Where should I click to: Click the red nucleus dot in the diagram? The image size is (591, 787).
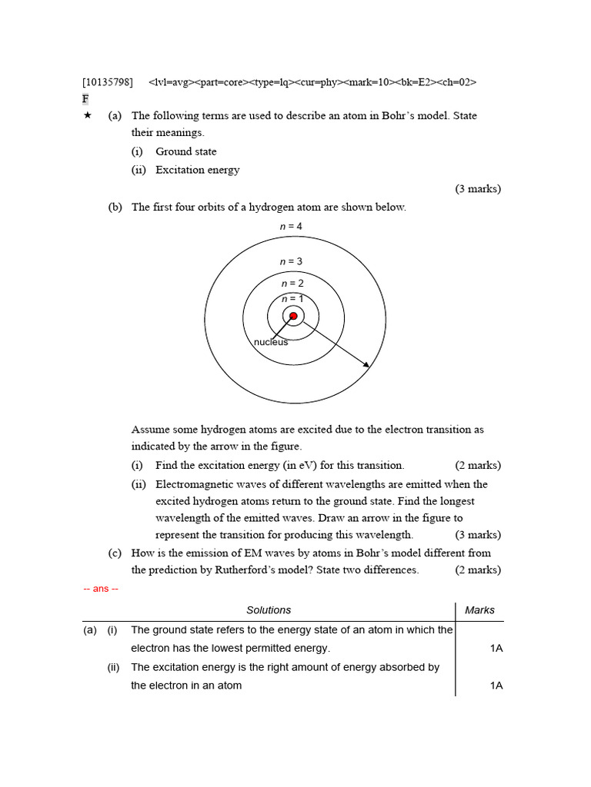[x=293, y=316]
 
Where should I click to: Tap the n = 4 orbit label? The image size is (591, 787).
[x=291, y=227]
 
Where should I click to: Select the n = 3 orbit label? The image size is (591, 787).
[x=291, y=262]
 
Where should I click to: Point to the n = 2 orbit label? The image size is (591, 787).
[x=292, y=284]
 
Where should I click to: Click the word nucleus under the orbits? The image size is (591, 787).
[x=271, y=342]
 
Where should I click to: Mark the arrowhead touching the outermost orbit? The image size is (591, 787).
[x=366, y=364]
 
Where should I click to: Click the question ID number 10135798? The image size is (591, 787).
[x=107, y=81]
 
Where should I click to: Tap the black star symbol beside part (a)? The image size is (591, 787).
[x=87, y=115]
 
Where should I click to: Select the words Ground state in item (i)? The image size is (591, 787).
[x=185, y=151]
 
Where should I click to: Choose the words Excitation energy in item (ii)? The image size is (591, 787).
[x=197, y=170]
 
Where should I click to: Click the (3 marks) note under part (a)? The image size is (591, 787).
[x=478, y=188]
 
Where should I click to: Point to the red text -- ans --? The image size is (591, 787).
[x=100, y=589]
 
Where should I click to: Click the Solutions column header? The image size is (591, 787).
[x=269, y=610]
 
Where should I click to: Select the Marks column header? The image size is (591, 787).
[x=480, y=610]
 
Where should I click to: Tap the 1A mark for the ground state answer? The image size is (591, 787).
[x=496, y=649]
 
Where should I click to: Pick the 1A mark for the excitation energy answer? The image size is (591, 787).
[x=496, y=686]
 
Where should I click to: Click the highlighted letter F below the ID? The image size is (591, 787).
[x=85, y=99]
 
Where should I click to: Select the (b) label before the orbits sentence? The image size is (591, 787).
[x=115, y=207]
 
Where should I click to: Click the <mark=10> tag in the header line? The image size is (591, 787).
[x=368, y=81]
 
